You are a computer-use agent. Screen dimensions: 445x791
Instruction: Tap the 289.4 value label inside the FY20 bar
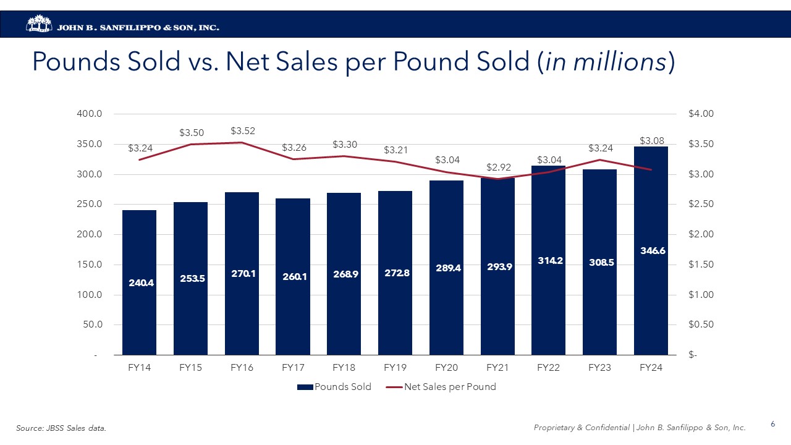[x=446, y=268]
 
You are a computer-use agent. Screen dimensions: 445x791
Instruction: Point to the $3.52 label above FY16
[x=243, y=131]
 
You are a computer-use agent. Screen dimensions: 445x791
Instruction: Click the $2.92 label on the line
[x=499, y=167]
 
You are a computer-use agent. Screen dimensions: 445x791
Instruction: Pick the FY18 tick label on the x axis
[x=344, y=367]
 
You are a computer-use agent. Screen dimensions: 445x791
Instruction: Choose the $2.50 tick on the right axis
[x=701, y=205]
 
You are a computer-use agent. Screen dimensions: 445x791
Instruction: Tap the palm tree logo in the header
[x=38, y=24]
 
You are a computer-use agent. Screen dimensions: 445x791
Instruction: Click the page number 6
[x=772, y=424]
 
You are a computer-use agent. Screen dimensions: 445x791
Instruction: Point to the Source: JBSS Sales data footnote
[x=61, y=428]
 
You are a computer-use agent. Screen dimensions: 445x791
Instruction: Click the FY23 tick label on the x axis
[x=599, y=367]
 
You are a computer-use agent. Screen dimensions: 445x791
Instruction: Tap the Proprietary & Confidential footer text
[x=640, y=428]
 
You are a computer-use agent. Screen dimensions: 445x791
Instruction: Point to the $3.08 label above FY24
[x=651, y=141]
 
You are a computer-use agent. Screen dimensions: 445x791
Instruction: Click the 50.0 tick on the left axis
[x=92, y=325]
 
